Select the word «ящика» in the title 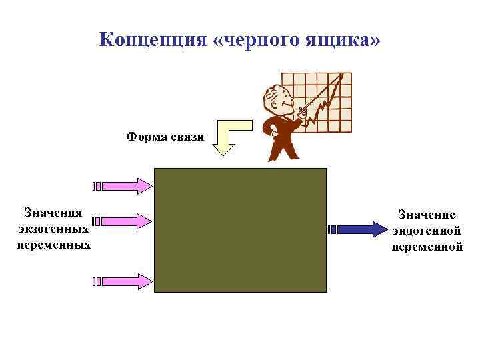pyautogui.click(x=335, y=40)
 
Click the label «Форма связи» pyautogui.click(x=165, y=137)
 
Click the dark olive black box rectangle pyautogui.click(x=240, y=229)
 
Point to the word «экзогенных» pyautogui.click(x=53, y=229)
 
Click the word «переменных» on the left pyautogui.click(x=53, y=244)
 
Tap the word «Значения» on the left pyautogui.click(x=53, y=213)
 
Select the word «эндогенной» pyautogui.click(x=427, y=231)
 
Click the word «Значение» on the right pyautogui.click(x=427, y=215)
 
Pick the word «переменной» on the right pyautogui.click(x=427, y=247)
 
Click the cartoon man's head pyautogui.click(x=277, y=101)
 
